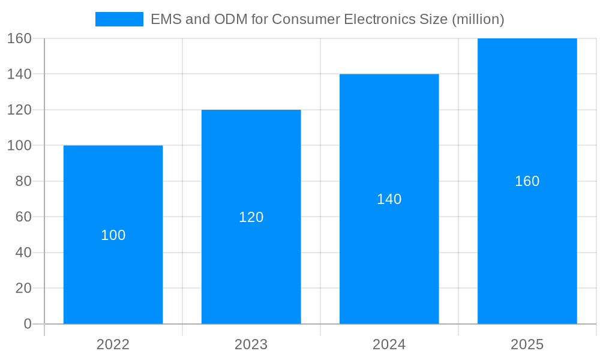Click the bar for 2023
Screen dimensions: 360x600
pos(251,264)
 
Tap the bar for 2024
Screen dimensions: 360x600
pos(389,252)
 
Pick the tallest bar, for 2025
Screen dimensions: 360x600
pos(527,240)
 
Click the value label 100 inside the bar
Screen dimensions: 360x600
pos(113,235)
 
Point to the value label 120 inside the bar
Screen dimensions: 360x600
pos(251,217)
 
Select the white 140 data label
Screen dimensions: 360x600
pos(389,199)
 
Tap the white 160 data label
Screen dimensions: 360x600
pos(527,181)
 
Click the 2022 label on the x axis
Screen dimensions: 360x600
pos(113,344)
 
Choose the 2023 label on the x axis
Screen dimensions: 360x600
pos(251,344)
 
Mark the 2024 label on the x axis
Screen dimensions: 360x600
pos(389,344)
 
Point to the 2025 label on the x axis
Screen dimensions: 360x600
pos(527,344)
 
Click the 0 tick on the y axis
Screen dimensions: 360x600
pos(28,324)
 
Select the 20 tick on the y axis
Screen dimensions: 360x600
pos(23,288)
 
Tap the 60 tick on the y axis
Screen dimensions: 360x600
pos(23,217)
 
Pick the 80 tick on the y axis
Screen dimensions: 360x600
pos(23,181)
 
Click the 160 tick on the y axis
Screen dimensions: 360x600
pos(19,38)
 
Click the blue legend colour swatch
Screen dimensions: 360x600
pos(119,19)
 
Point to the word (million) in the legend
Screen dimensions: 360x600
pos(478,19)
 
